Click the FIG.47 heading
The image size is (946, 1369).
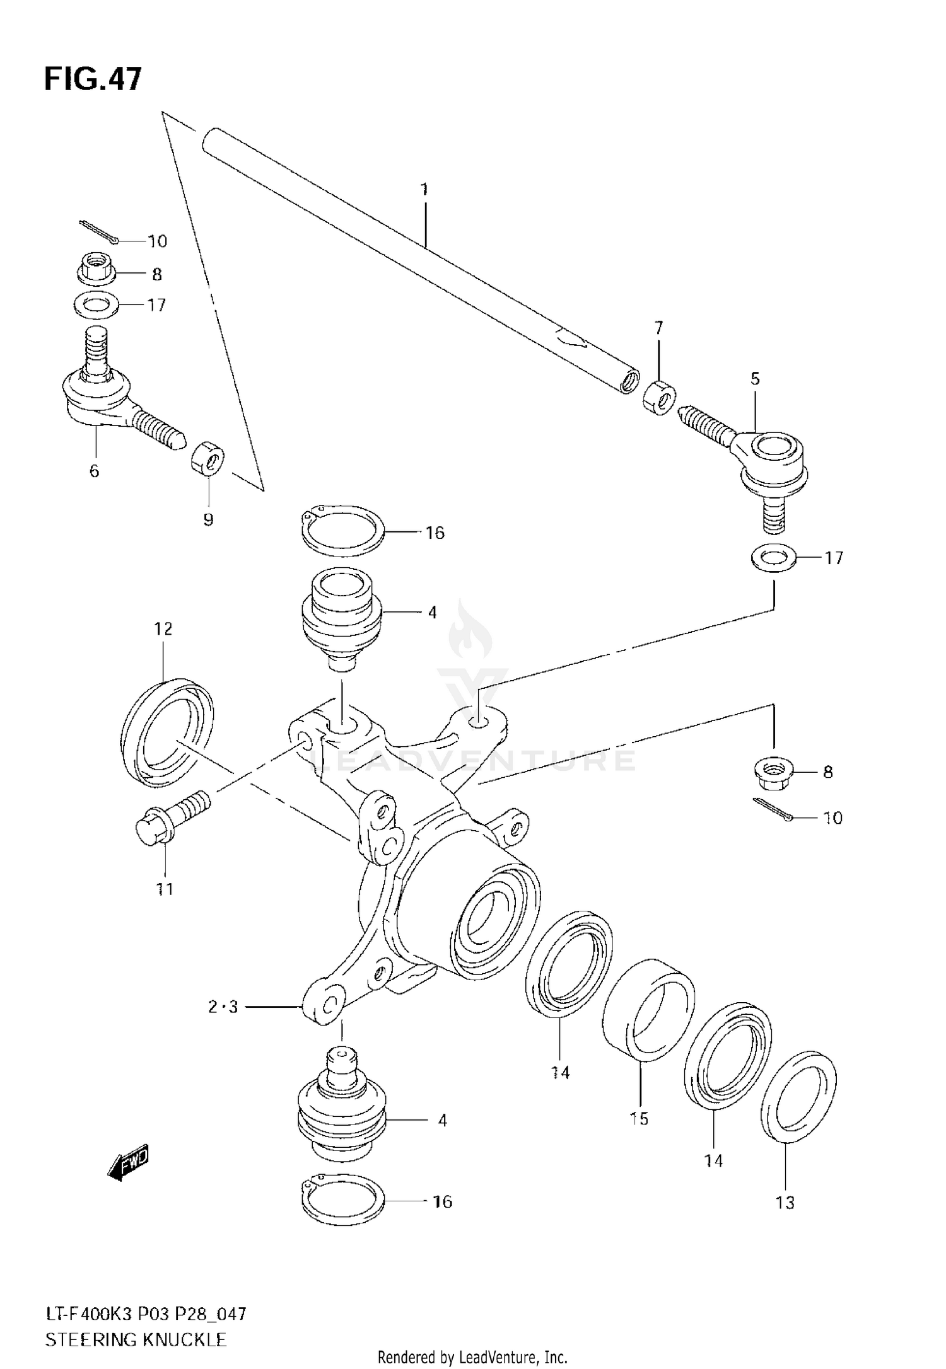(x=93, y=80)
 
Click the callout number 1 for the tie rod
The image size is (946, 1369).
(x=424, y=189)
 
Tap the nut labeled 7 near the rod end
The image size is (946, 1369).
(x=659, y=398)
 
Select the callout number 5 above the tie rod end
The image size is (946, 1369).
(x=755, y=379)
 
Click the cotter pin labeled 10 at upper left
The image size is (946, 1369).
(x=98, y=231)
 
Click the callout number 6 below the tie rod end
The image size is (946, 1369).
(x=94, y=471)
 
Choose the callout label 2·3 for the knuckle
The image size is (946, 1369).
(x=223, y=1007)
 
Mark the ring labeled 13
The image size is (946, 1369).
(x=798, y=1095)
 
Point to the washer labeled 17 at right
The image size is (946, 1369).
(x=773, y=558)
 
